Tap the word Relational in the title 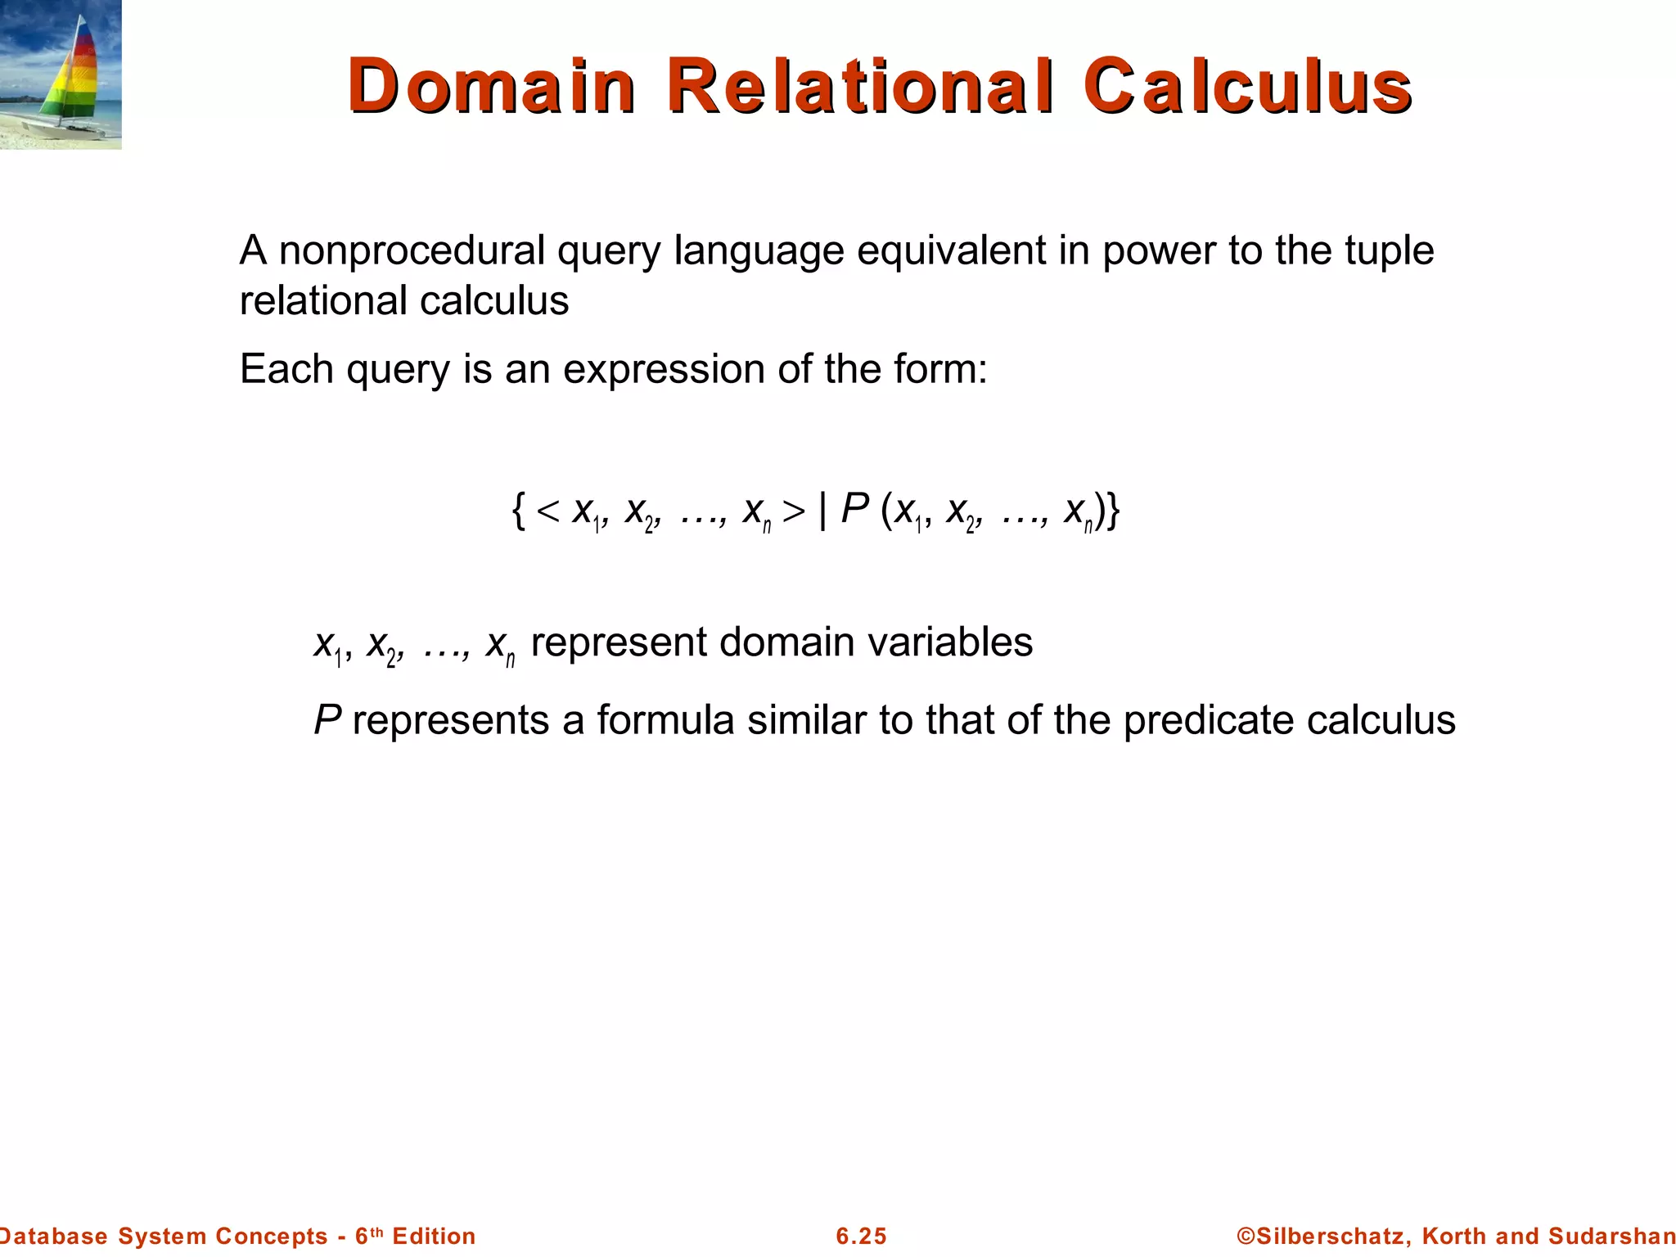[860, 86]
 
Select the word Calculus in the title [1248, 86]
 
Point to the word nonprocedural [412, 250]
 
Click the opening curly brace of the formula [518, 511]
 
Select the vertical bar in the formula [822, 511]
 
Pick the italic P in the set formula [854, 509]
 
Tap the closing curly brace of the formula [1112, 511]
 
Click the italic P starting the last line [327, 720]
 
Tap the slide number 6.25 [861, 1236]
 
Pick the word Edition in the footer [434, 1236]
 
